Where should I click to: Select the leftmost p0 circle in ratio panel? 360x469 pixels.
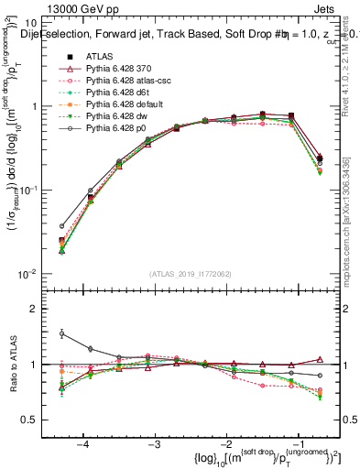[62, 333]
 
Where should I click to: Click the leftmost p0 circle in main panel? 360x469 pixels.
[62, 225]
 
